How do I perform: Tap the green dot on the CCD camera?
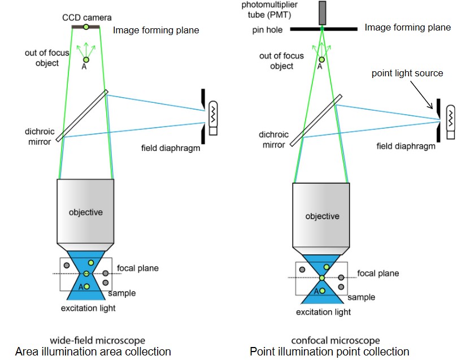[86, 27]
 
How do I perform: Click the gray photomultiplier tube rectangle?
[323, 13]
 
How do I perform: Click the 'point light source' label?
[407, 73]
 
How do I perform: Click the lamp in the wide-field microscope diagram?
[213, 116]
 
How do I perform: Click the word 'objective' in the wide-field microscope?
[86, 212]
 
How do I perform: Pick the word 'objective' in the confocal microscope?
[323, 216]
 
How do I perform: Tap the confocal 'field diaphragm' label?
[406, 146]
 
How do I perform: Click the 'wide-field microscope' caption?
[97, 341]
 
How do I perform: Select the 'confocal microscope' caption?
[335, 341]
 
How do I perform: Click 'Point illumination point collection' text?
[329, 352]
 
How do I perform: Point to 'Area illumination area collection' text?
[93, 352]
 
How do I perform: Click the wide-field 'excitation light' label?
[88, 308]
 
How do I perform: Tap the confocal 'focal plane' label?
[378, 274]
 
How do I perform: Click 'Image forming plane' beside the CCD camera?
[156, 30]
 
